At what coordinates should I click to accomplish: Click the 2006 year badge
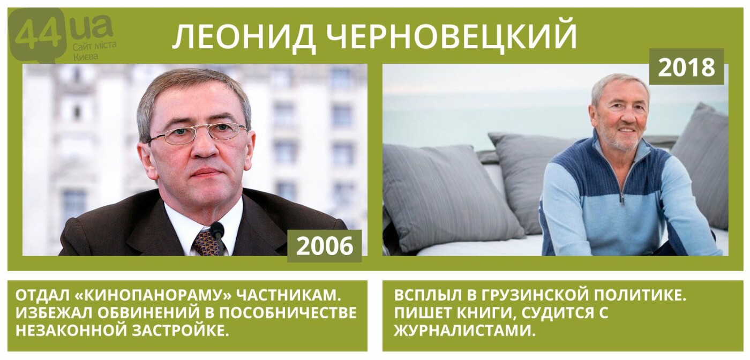(325, 246)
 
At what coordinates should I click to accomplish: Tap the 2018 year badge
(687, 66)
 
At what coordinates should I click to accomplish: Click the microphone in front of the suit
(219, 238)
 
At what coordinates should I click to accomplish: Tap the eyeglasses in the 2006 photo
(198, 133)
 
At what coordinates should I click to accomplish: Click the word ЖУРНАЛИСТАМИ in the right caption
(463, 331)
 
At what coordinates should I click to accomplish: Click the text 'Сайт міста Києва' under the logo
(95, 50)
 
